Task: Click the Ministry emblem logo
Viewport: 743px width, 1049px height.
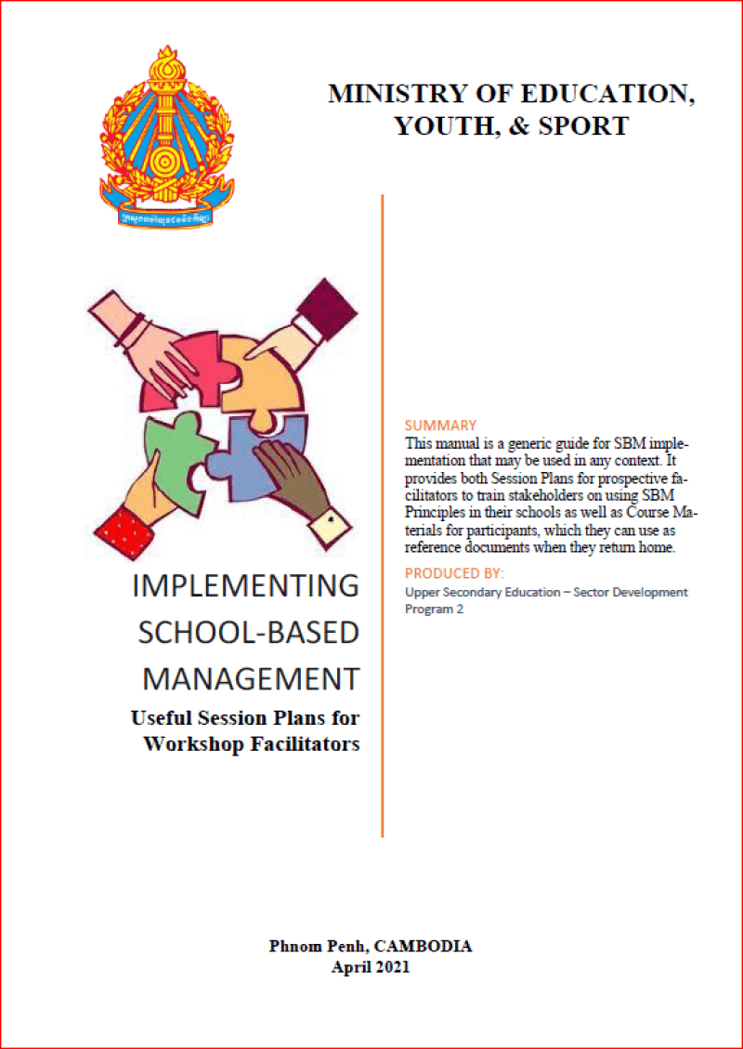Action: tap(167, 136)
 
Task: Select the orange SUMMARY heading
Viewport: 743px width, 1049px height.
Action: tap(441, 426)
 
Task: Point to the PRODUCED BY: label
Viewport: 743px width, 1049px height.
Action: tap(454, 573)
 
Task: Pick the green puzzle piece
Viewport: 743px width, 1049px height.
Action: tap(176, 446)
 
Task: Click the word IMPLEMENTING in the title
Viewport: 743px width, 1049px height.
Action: tap(245, 586)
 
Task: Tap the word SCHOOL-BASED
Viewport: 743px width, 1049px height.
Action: tap(248, 633)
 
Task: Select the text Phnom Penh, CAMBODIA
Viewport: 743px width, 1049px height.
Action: tap(371, 947)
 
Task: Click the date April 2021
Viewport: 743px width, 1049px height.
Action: tap(371, 967)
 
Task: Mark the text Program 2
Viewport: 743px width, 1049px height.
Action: tap(434, 610)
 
